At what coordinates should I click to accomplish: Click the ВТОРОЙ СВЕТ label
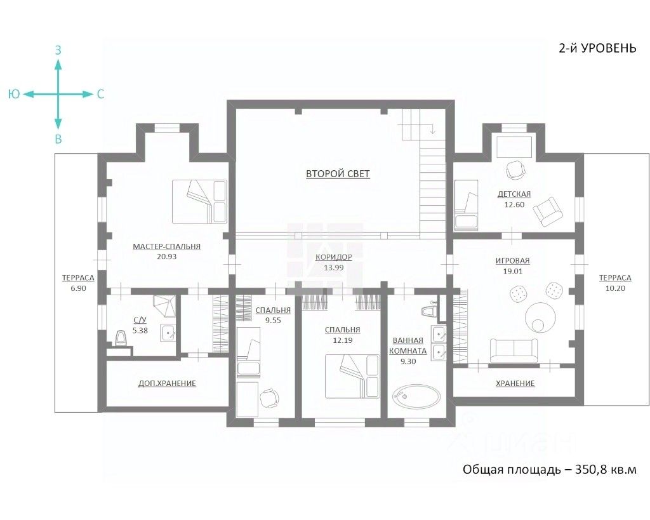tap(338, 174)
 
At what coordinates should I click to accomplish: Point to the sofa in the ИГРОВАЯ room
tap(514, 350)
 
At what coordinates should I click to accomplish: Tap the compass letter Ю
tap(14, 94)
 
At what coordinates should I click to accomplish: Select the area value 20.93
tap(167, 257)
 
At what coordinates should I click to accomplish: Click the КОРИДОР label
tap(334, 257)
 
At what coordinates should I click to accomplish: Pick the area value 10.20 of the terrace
tap(615, 288)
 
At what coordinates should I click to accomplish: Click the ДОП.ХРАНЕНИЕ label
tap(167, 383)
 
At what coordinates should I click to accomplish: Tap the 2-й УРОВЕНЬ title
tap(597, 48)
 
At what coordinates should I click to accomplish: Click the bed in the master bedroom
tap(200, 202)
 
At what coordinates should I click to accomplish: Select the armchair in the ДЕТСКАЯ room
tap(548, 211)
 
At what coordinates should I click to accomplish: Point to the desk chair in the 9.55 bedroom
tap(269, 398)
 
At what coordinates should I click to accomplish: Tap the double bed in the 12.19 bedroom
tap(352, 377)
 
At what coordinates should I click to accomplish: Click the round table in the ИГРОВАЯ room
tap(541, 317)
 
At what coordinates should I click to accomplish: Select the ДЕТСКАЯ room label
tap(514, 194)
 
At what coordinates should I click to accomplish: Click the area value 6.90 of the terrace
tap(78, 288)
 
